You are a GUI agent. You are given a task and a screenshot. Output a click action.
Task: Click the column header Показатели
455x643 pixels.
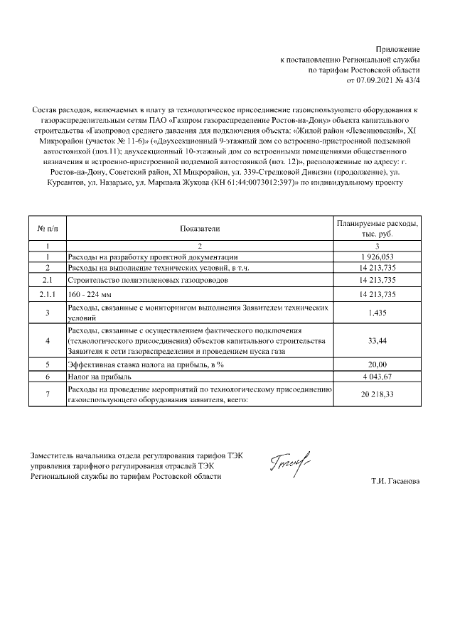200,228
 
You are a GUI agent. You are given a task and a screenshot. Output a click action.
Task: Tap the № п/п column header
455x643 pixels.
47,228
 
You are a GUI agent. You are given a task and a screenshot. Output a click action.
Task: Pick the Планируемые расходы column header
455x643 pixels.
378,228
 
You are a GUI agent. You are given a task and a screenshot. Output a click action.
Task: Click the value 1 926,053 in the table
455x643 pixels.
378,256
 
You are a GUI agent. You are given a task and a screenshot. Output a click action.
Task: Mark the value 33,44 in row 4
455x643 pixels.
378,341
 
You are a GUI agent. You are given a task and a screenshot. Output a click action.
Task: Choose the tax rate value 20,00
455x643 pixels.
378,364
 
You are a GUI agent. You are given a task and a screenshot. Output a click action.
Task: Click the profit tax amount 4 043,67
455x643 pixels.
378,376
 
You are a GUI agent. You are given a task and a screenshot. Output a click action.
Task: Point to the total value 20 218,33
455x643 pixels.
378,395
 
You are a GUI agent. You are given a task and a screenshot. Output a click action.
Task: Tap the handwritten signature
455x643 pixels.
291,465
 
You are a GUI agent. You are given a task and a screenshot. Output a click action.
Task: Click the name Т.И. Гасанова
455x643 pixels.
395,482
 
